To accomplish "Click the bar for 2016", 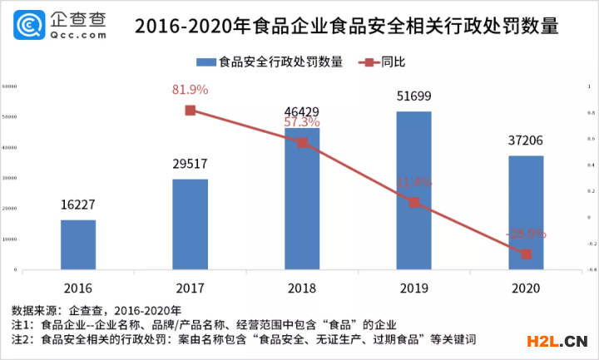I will click(78, 244).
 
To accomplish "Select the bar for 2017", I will click(190, 224).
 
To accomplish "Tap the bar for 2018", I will click(302, 199).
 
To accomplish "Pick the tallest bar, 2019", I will click(413, 190).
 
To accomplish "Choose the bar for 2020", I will click(526, 213).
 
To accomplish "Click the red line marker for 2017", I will click(190, 111).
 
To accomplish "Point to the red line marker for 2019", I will click(413, 202).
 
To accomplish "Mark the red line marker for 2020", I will click(526, 254).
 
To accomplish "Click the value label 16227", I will click(78, 205).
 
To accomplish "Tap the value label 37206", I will click(526, 141).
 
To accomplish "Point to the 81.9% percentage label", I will click(190, 90).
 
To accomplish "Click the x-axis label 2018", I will click(302, 288).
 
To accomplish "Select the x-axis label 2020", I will click(526, 288).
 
